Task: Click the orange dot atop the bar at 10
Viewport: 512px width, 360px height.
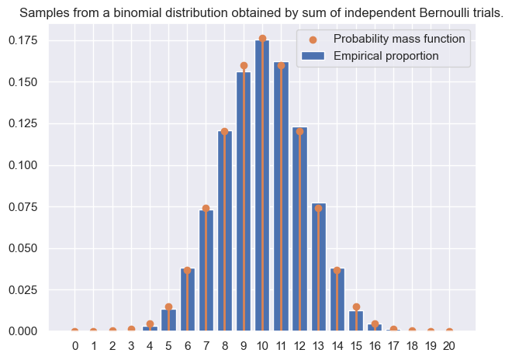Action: [x=262, y=39]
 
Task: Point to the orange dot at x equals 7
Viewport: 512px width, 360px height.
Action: [x=206, y=208]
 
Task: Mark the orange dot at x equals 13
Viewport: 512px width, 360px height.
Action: [x=318, y=208]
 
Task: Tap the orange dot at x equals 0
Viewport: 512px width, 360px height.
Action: [x=74, y=331]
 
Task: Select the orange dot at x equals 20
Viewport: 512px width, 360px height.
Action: [x=449, y=331]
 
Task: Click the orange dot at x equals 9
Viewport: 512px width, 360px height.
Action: [x=244, y=66]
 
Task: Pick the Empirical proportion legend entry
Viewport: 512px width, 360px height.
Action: [x=386, y=56]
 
